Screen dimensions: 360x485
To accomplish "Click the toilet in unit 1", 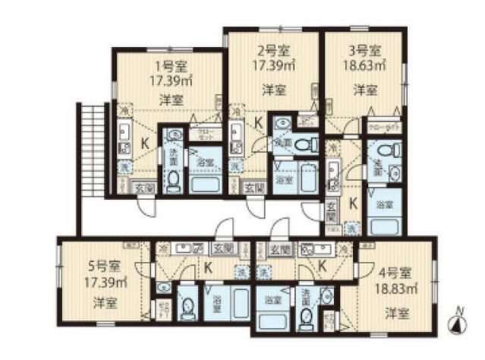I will pyautogui.click(x=173, y=179).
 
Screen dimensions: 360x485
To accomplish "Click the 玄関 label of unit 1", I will pyautogui.click(x=145, y=188).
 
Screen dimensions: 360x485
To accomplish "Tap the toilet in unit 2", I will pyautogui.click(x=304, y=144).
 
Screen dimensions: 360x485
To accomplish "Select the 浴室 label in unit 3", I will pyautogui.click(x=384, y=204).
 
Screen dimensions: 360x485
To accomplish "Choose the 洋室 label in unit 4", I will pyautogui.click(x=393, y=312).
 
